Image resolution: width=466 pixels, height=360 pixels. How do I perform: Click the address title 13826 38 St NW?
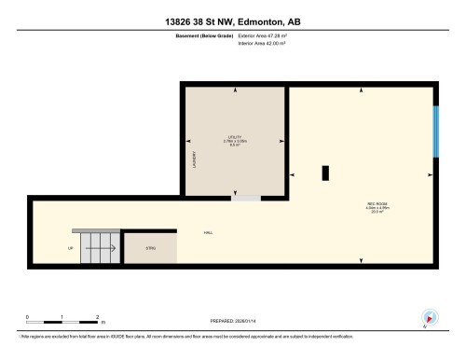click(232, 21)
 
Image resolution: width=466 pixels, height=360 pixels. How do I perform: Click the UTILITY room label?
click(235, 140)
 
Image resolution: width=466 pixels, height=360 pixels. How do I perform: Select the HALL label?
click(207, 232)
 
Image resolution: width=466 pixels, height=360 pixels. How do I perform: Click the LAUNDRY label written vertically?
click(194, 159)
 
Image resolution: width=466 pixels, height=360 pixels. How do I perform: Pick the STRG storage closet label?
click(149, 248)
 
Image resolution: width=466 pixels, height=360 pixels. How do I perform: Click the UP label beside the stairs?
click(70, 248)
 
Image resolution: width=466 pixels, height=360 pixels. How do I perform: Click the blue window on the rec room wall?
click(434, 131)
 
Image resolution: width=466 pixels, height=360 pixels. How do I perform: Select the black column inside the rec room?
click(324, 173)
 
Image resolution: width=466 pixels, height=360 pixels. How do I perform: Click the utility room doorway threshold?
click(246, 198)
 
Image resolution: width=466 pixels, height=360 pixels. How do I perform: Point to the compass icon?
click(429, 317)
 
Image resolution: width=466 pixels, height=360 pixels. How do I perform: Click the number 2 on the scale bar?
click(96, 318)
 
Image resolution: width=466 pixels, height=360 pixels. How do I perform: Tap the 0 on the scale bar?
click(28, 318)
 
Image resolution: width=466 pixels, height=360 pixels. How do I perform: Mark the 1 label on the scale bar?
click(62, 318)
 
